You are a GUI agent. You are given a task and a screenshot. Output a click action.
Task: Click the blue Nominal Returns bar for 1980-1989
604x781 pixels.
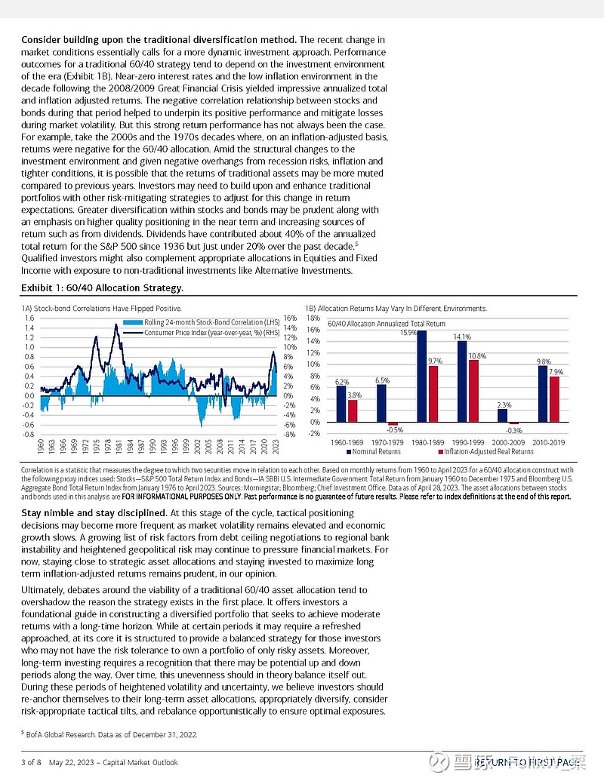point(421,376)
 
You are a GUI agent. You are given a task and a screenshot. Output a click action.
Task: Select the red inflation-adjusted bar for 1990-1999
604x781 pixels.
point(473,391)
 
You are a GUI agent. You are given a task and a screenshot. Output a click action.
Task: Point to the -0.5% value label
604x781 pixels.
point(391,431)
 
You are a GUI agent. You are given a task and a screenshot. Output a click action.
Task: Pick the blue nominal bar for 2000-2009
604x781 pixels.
point(502,415)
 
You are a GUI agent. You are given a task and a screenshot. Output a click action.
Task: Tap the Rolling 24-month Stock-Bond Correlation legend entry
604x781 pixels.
point(196,323)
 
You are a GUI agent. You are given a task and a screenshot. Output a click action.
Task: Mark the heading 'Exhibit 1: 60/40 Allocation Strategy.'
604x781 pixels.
point(102,288)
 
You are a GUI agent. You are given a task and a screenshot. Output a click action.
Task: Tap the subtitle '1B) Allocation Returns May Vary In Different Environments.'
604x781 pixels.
point(396,308)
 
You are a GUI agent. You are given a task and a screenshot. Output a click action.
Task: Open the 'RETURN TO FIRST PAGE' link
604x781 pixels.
point(528,762)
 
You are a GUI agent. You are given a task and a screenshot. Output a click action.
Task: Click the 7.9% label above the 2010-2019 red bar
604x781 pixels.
point(556,372)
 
